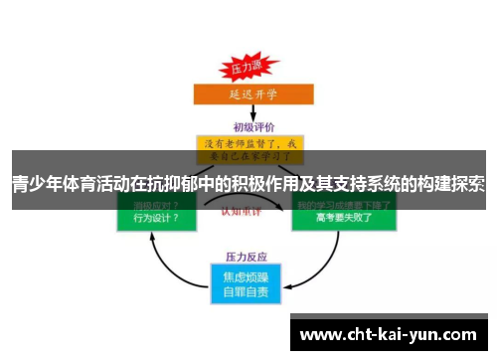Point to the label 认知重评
pyautogui.click(x=248, y=212)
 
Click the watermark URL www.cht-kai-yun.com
pyautogui.click(x=389, y=333)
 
